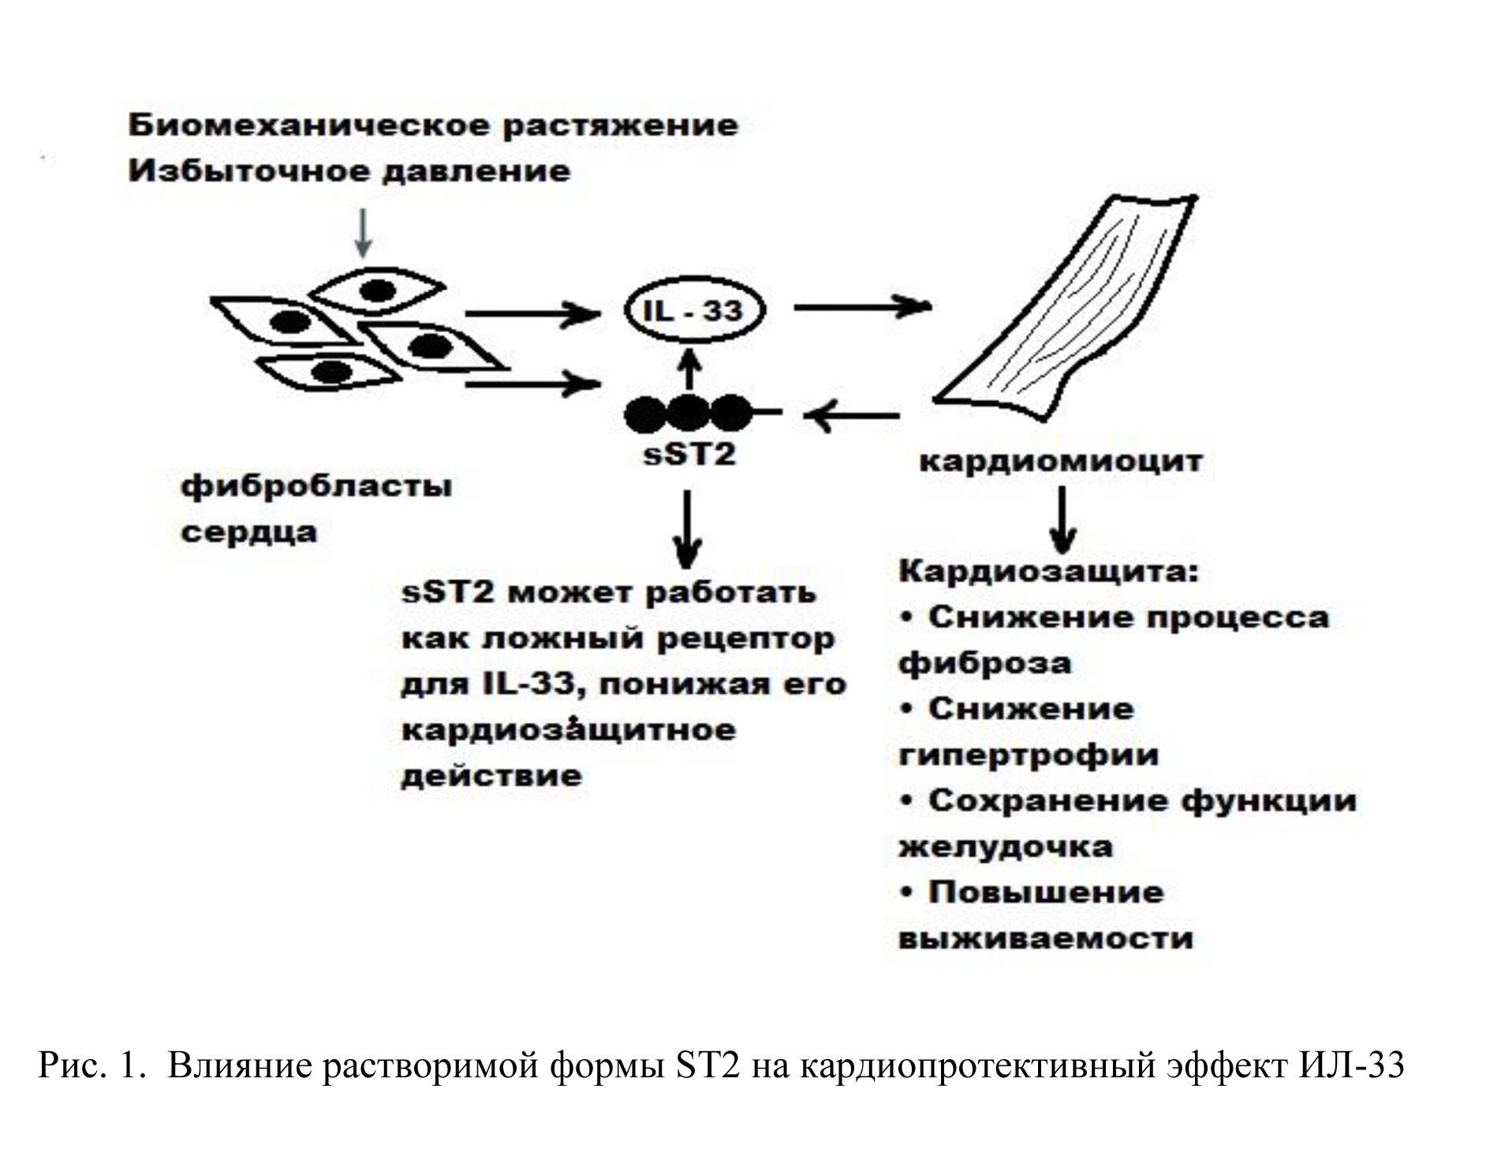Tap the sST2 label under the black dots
[x=689, y=454]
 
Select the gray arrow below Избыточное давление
[x=362, y=233]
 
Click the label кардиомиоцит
[x=1061, y=461]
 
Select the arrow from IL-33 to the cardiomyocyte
[x=863, y=306]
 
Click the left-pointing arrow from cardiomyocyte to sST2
[x=852, y=414]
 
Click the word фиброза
[x=985, y=663]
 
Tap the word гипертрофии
[x=1029, y=755]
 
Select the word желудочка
[x=1006, y=848]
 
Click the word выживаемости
[x=1046, y=939]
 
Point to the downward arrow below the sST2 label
[x=688, y=529]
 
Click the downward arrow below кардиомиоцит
[x=1062, y=519]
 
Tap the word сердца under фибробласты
[x=249, y=533]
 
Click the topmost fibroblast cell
[x=376, y=291]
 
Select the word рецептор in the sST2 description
[x=745, y=639]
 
